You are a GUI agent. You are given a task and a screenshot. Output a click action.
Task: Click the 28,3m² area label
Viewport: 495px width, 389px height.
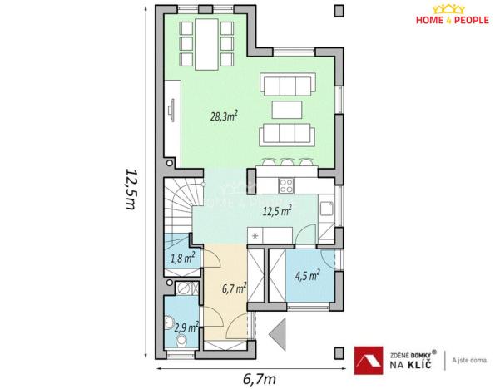(224, 117)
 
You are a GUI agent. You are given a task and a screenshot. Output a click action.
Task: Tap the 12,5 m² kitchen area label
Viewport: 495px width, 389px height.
(276, 211)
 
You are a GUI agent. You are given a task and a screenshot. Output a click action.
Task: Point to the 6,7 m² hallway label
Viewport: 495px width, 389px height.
(234, 289)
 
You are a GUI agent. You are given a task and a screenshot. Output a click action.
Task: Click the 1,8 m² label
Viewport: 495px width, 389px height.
(182, 258)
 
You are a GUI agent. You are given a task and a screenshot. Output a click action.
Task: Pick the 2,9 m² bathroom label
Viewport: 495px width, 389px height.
(186, 327)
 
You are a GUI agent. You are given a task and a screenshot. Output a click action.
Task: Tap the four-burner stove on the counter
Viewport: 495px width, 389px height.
(286, 185)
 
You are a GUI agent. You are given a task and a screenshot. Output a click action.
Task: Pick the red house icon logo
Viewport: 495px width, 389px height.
(368, 357)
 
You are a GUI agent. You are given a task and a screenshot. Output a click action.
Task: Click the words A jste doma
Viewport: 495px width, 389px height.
(470, 360)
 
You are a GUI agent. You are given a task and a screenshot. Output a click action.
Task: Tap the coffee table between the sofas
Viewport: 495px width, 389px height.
(288, 108)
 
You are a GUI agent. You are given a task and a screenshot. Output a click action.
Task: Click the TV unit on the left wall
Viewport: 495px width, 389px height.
(171, 109)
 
